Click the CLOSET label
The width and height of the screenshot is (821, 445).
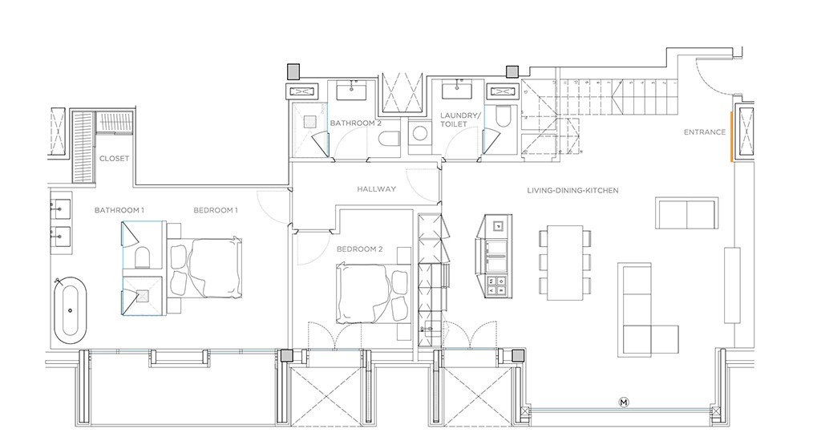click(114, 158)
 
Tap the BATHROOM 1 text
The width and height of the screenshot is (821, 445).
click(119, 210)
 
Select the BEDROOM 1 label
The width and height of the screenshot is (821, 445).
click(216, 210)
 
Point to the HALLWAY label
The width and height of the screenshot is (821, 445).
click(377, 188)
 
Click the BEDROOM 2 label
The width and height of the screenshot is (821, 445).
click(360, 249)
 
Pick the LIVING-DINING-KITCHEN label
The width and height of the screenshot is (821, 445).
click(572, 191)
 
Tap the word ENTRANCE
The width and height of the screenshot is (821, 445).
click(705, 132)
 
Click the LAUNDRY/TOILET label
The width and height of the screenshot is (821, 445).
click(459, 119)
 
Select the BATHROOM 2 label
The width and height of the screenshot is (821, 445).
click(355, 123)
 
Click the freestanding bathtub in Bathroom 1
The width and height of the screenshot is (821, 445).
click(71, 310)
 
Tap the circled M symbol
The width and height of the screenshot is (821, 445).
click(624, 402)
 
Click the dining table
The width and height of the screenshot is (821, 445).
click(565, 263)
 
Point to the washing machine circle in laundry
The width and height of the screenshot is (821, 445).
click(420, 133)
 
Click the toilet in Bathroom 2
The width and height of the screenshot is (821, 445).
click(389, 140)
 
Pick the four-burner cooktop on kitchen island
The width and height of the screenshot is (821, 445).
click(496, 286)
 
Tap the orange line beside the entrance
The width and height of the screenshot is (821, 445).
click(731, 136)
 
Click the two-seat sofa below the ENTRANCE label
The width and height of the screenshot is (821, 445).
click(686, 212)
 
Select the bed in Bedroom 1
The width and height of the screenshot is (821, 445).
click(204, 269)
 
